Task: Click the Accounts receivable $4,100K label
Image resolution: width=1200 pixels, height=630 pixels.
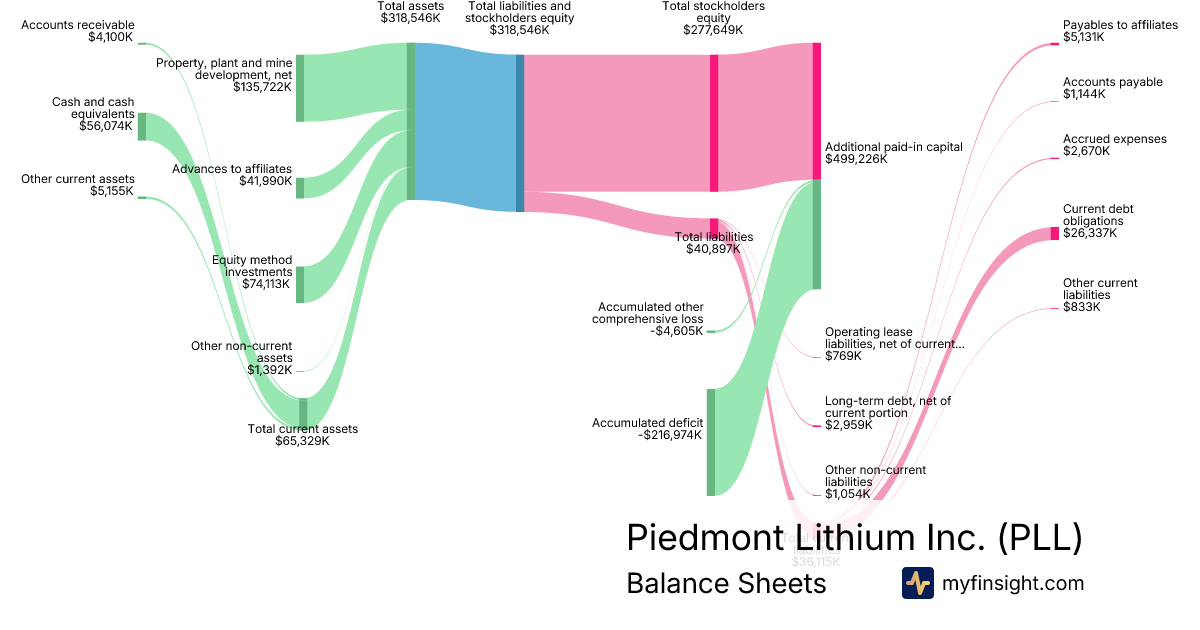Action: tap(78, 31)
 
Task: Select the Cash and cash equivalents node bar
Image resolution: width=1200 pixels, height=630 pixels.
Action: tap(142, 126)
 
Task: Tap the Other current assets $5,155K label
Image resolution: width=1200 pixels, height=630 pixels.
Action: tap(78, 185)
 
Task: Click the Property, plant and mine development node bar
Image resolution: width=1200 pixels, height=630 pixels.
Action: tap(300, 88)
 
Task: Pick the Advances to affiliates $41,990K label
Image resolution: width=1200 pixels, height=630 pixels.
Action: tap(232, 175)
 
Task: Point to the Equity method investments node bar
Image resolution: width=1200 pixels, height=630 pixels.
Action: tap(300, 284)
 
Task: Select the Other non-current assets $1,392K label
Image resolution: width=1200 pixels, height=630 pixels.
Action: tap(242, 358)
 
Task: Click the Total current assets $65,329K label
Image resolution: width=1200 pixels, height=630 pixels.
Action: tap(302, 435)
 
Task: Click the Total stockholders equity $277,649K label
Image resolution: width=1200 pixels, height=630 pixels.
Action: tap(713, 18)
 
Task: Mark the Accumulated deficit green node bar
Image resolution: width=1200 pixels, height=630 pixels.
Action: tap(711, 442)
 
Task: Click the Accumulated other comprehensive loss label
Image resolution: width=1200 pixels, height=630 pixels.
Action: tap(650, 319)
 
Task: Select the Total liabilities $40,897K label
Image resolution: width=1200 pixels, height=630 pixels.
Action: tap(714, 242)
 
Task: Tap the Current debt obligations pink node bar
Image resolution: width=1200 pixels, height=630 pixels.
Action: tap(1054, 234)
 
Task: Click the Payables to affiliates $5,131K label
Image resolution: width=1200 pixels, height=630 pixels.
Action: tap(1120, 31)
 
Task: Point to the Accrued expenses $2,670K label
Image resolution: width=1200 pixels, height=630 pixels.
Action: tap(1114, 145)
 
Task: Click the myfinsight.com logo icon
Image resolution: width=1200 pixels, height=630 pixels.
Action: tap(917, 583)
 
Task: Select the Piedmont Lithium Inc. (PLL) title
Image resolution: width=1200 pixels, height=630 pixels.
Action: tap(854, 538)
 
